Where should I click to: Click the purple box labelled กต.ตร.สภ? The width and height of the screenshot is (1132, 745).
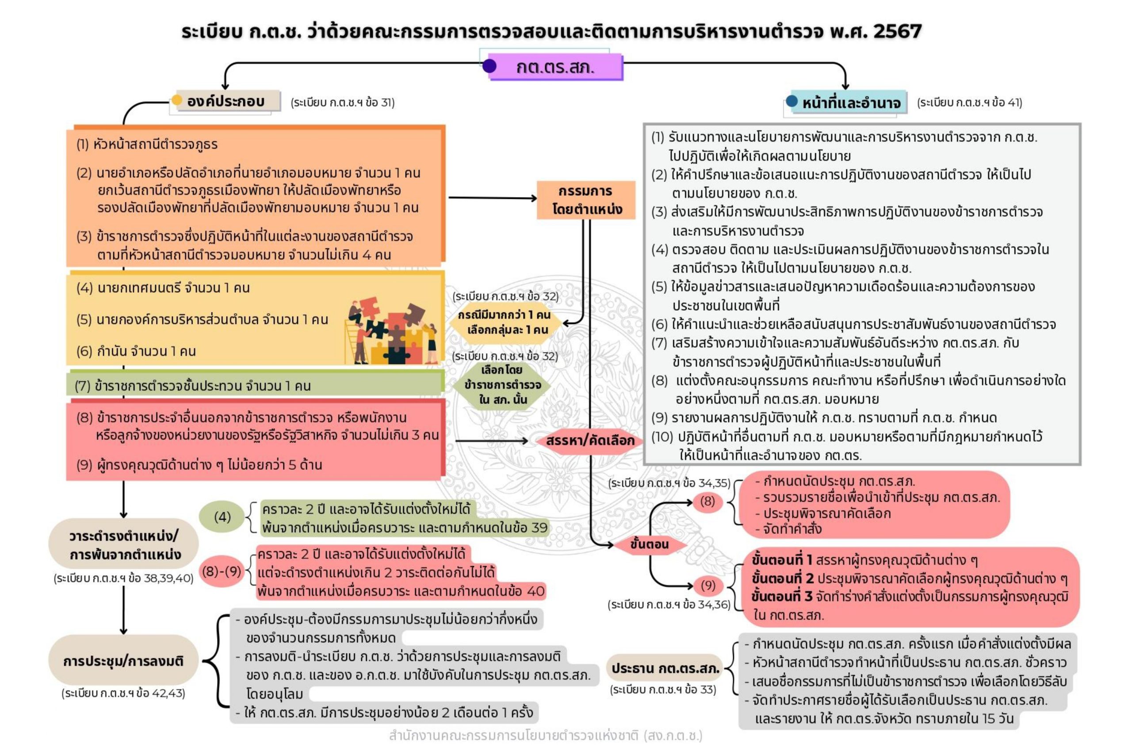[555, 67]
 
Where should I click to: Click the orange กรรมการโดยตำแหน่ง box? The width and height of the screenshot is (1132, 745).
[586, 200]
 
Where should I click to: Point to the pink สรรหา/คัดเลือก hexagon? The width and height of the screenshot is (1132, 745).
[589, 441]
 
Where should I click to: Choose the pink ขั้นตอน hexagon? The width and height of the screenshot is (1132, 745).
[649, 544]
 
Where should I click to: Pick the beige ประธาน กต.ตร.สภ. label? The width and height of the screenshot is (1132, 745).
[665, 668]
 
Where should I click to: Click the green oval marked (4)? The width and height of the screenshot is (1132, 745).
[222, 517]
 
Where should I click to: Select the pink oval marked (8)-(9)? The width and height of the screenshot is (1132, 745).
[222, 570]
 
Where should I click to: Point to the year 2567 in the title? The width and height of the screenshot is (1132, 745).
[897, 31]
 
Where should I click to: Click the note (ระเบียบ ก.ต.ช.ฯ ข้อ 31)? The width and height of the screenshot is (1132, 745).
[342, 103]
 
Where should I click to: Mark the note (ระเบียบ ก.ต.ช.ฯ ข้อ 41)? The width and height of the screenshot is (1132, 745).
[969, 103]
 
